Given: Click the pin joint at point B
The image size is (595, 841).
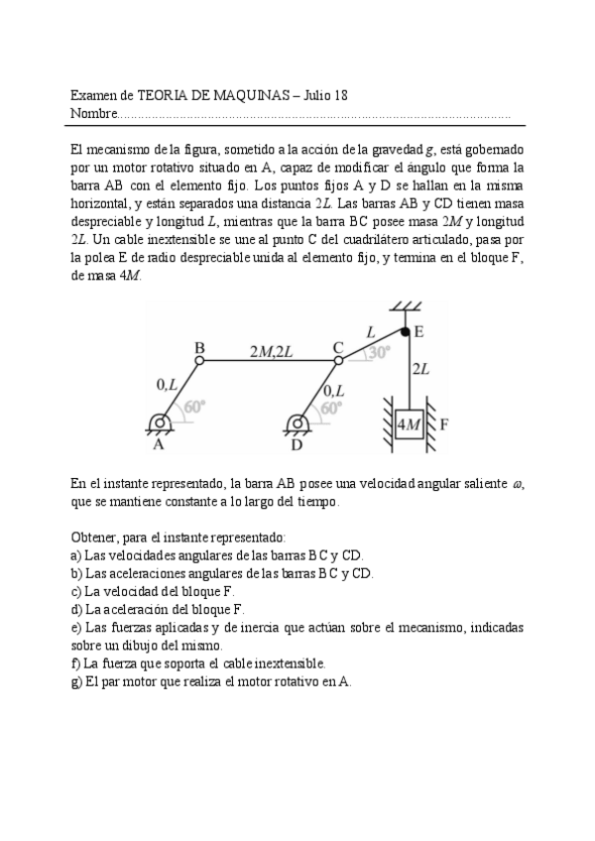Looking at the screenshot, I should tap(199, 362).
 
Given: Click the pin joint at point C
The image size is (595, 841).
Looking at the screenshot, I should tap(338, 361).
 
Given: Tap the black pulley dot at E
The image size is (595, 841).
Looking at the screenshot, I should tap(405, 332).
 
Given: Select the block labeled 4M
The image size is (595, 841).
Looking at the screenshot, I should tap(408, 425).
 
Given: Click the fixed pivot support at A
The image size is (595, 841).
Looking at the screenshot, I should tap(159, 424).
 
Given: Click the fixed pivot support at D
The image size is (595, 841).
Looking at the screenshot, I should tap(296, 424).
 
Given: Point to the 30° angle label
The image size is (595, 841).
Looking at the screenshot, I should tap(378, 351).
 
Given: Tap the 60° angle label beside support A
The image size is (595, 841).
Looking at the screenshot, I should tap(192, 406).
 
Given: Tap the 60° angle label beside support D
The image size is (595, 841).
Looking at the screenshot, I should tap(331, 406).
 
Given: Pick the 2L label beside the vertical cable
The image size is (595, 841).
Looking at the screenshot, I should tap(420, 369).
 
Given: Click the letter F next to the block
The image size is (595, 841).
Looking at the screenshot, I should tap(444, 425).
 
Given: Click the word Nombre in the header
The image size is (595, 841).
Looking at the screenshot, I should tap(93, 114).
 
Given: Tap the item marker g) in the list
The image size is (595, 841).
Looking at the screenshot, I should tap(76, 681).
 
